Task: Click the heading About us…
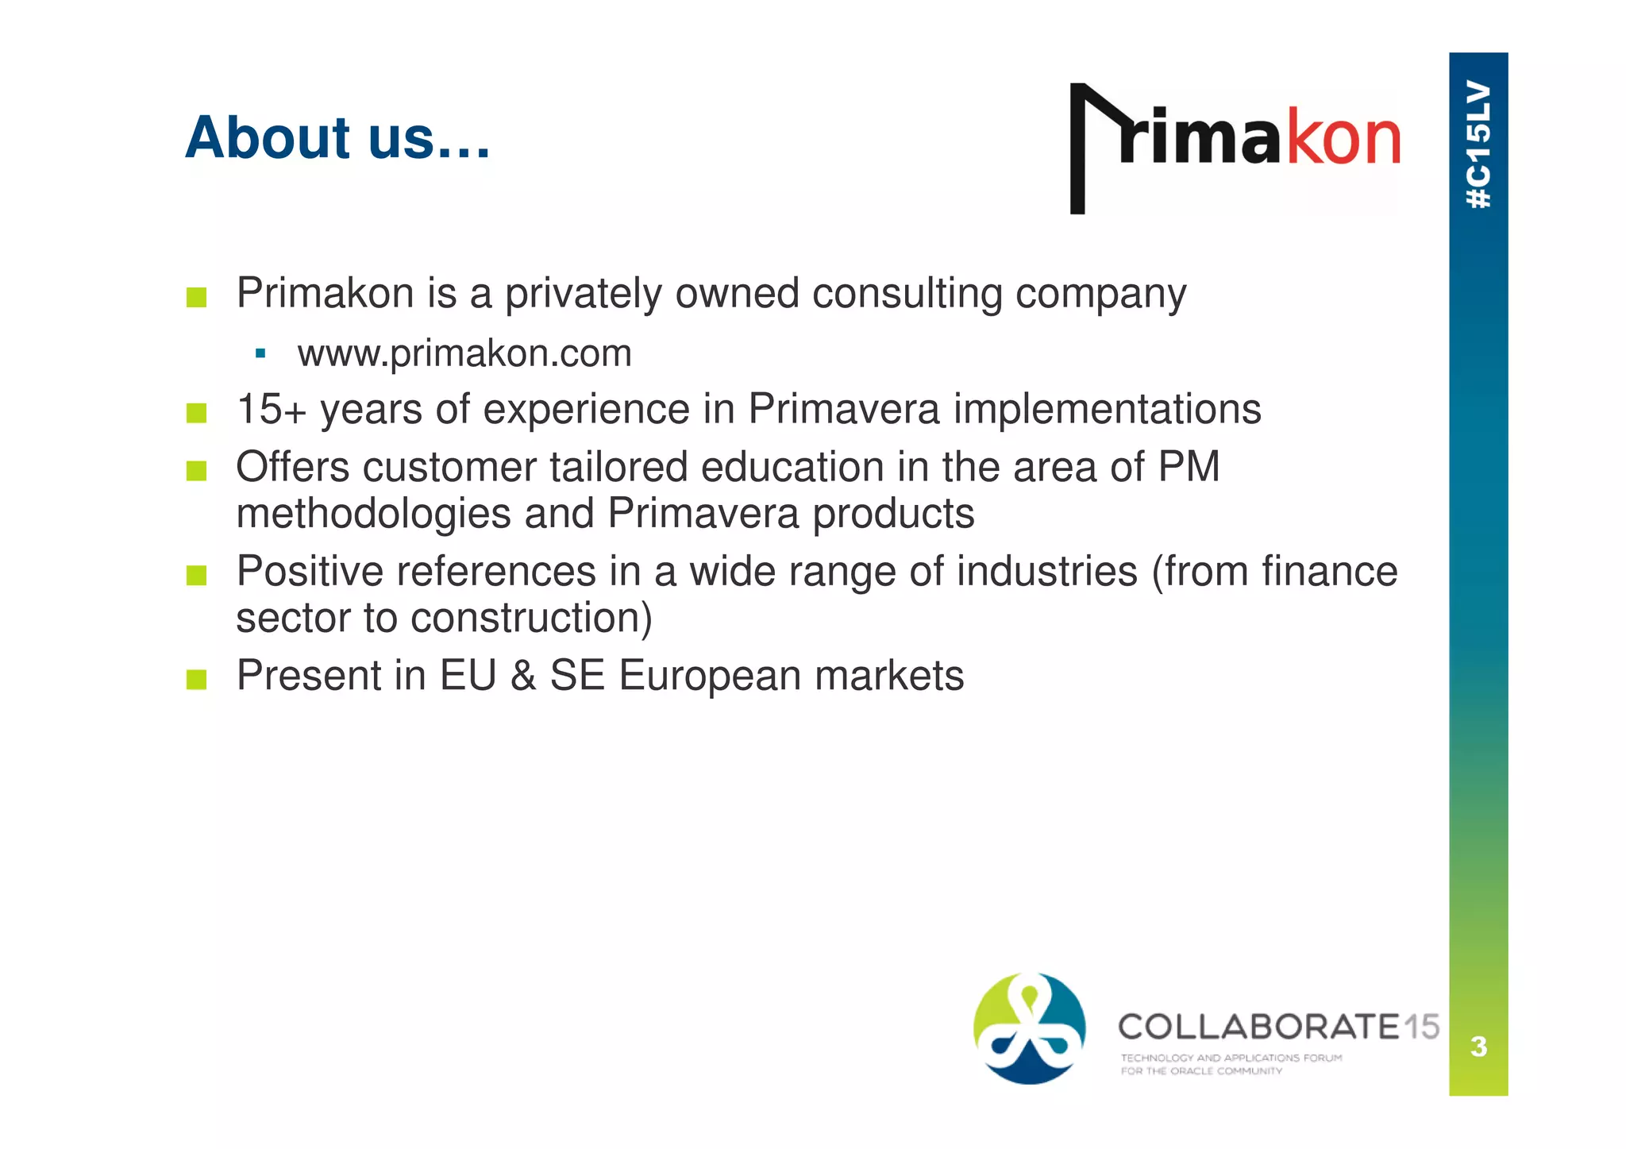(x=337, y=138)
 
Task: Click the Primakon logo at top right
(x=1235, y=147)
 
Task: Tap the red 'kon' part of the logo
(x=1343, y=139)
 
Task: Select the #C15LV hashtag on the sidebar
(x=1478, y=145)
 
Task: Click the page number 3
(x=1478, y=1047)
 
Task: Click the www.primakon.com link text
(x=464, y=353)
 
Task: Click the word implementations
(x=1107, y=411)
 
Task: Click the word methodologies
(x=374, y=514)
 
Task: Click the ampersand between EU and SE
(x=522, y=677)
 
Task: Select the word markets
(x=888, y=677)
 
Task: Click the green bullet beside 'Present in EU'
(x=196, y=680)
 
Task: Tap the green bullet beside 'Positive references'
(x=196, y=575)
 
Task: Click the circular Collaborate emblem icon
(x=1029, y=1028)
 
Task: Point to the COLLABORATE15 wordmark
(x=1278, y=1028)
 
